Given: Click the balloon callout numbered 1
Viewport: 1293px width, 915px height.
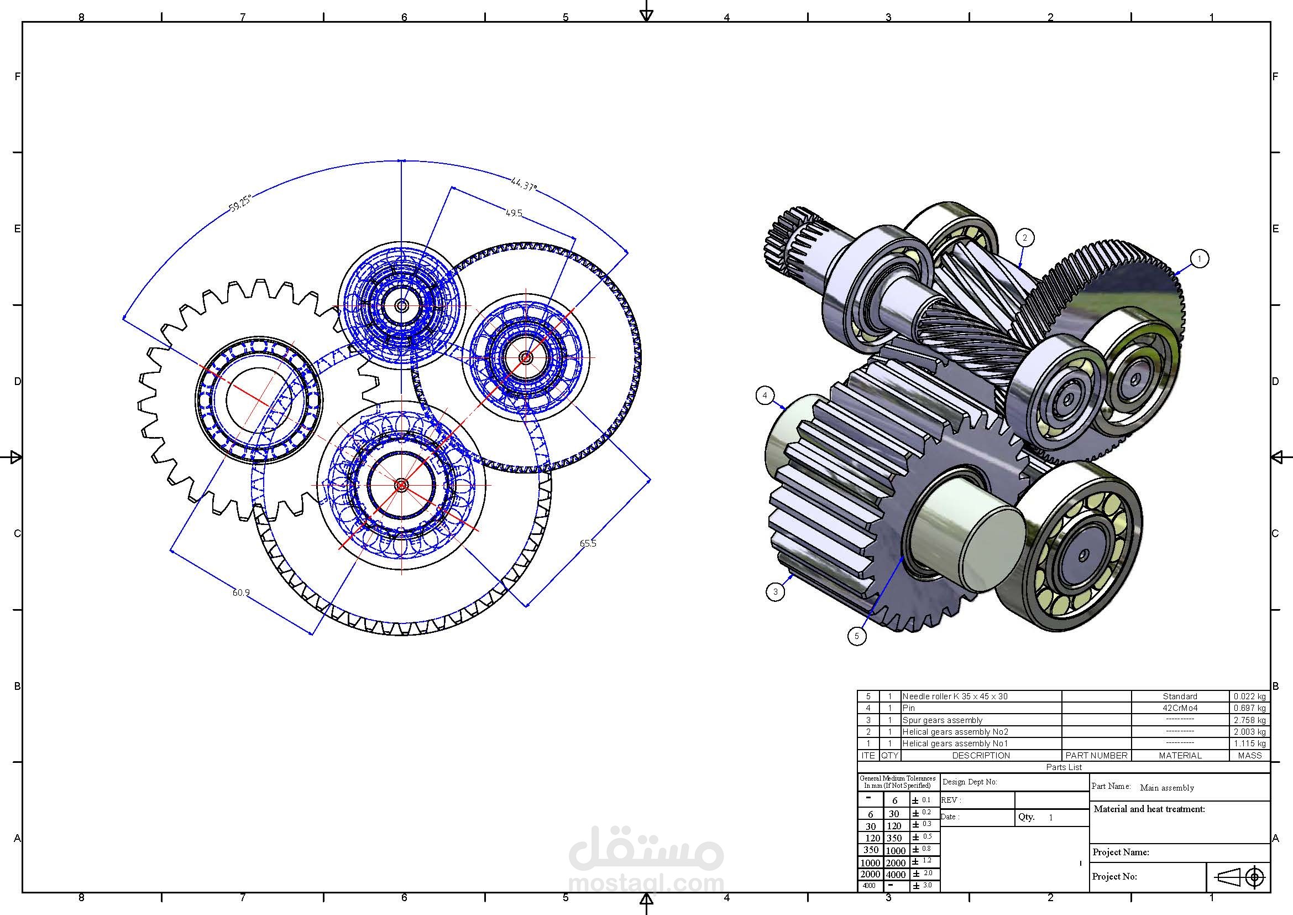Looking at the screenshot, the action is point(1199,258).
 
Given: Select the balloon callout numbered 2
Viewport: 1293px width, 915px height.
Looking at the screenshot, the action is point(1024,238).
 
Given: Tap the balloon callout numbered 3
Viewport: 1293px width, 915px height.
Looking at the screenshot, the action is point(776,591).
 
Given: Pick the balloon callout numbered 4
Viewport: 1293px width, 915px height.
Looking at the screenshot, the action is point(765,396).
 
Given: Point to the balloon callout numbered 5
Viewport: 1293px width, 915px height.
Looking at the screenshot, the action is point(856,636).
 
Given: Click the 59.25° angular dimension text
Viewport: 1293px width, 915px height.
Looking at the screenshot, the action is point(240,203).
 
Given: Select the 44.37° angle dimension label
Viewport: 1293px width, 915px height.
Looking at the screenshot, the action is point(523,184).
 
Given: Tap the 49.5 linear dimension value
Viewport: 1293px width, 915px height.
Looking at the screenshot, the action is point(514,213).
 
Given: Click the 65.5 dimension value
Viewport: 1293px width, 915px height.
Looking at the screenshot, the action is point(588,543).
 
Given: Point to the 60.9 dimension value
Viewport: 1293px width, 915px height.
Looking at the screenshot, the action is point(241,592).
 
